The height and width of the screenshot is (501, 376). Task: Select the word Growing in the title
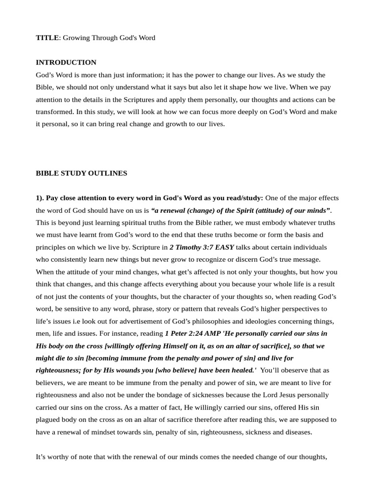tap(75, 38)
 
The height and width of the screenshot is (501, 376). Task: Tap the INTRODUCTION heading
tap(66, 63)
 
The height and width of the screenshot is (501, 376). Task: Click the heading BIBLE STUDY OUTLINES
tap(81, 173)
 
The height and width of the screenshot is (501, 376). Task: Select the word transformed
tap(54, 112)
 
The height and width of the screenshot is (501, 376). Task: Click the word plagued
tap(48, 419)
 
